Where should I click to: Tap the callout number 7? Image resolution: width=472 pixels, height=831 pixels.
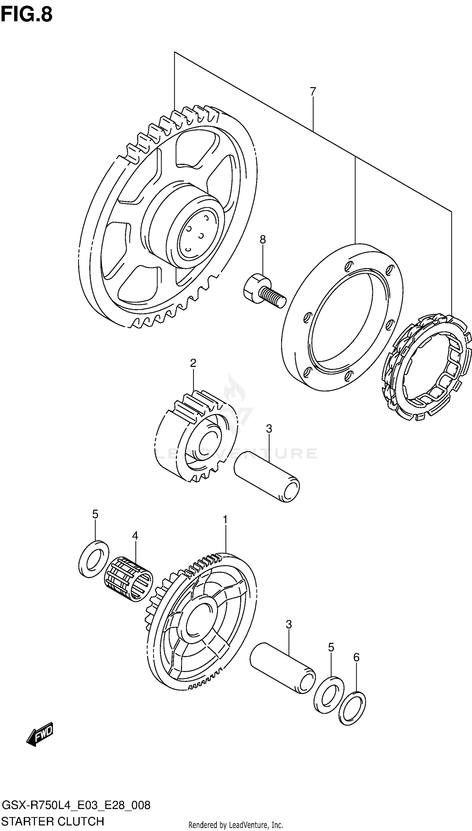point(312,92)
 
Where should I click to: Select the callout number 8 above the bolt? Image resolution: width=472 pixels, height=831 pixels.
point(262,240)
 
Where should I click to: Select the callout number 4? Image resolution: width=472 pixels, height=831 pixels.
point(135,535)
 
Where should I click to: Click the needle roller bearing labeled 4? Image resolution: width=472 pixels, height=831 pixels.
point(128,579)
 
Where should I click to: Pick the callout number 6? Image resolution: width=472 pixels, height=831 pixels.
point(356,657)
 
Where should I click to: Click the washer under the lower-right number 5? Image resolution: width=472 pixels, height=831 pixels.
point(329,694)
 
